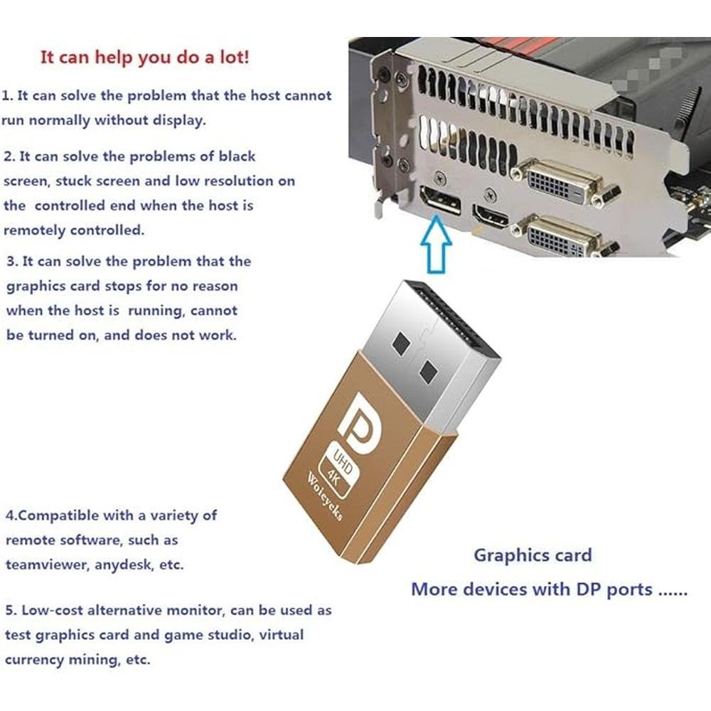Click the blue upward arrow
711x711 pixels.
pos(436,245)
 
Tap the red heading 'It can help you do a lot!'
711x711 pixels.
pos(144,58)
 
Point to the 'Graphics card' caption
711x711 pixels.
pos(533,555)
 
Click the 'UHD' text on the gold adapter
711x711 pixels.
pos(343,461)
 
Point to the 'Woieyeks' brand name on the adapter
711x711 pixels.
pos(324,497)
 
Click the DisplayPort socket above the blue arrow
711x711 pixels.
pos(441,201)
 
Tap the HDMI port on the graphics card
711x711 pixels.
pos(491,216)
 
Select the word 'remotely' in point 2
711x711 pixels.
pos(35,230)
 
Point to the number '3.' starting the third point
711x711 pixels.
pos(12,262)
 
